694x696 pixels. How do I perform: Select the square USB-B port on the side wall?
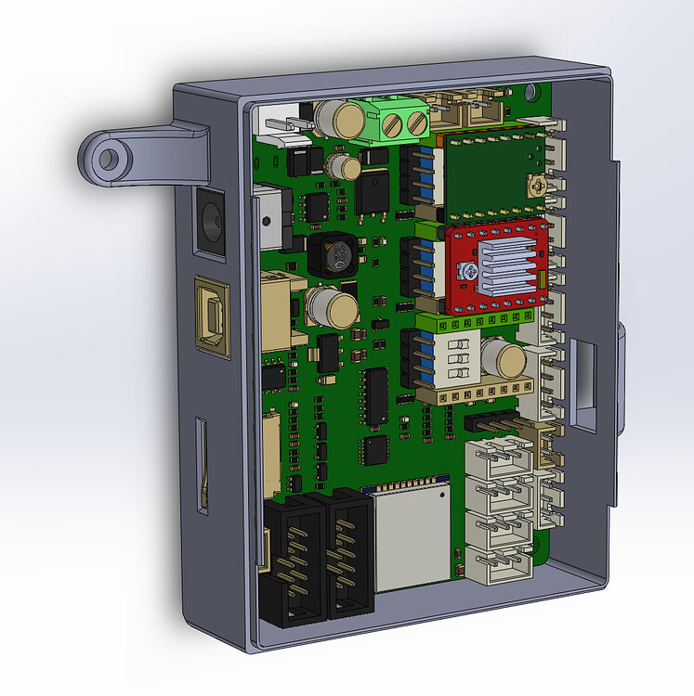[x=212, y=316]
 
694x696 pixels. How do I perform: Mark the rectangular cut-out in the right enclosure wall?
[x=585, y=383]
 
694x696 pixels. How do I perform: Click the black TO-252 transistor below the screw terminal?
[x=373, y=193]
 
